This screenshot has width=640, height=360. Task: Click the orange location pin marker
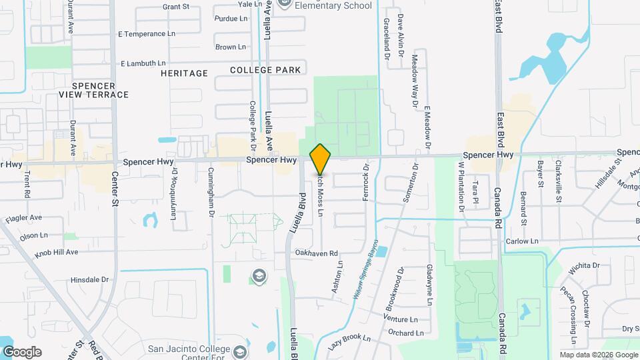320,159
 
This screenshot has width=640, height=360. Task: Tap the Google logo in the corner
21,352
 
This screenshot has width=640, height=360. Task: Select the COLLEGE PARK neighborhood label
265,70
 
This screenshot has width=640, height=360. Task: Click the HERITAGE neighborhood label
184,73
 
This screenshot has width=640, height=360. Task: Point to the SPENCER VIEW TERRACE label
93,90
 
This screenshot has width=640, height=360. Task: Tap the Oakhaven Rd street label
316,253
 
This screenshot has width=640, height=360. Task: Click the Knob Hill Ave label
57,252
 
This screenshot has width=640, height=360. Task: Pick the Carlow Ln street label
521,241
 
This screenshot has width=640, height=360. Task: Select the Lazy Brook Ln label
349,342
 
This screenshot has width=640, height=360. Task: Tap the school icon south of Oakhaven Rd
259,276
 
